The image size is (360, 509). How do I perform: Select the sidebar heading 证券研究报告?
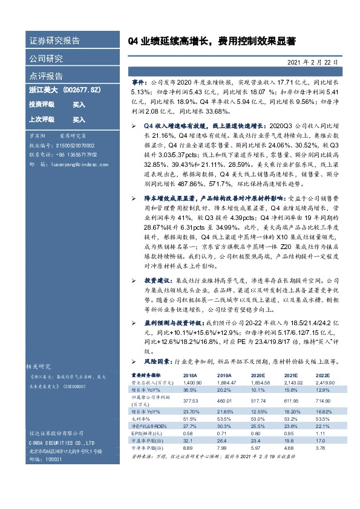pyautogui.click(x=54, y=41)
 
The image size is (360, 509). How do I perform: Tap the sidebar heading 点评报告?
pyautogui.click(x=46, y=76)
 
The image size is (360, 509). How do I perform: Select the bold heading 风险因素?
pyautogui.click(x=153, y=361)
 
